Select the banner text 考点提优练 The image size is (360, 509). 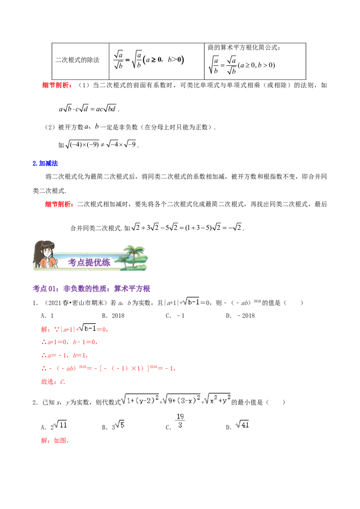pos(89,263)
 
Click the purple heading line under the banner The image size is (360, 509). pos(92,289)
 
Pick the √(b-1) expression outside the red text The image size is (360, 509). pos(191,302)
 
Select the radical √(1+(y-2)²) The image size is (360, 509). pos(140,399)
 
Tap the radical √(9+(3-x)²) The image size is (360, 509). pos(181,399)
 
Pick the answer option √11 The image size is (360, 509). pos(60,425)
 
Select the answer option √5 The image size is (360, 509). pos(119,425)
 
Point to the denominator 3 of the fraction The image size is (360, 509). pos(180,426)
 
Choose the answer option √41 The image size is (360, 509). pos(243,424)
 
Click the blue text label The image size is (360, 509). pos(46,164)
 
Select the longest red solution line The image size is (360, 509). pos(108,369)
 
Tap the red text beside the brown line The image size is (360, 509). pos(54,441)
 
